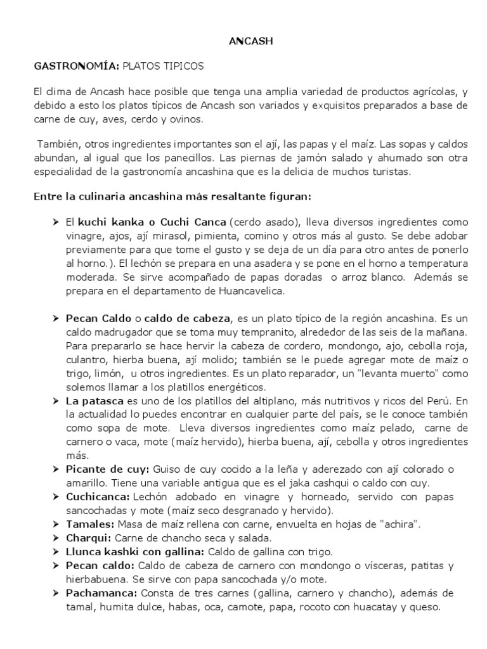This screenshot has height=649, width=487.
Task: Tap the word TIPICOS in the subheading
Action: [x=181, y=66]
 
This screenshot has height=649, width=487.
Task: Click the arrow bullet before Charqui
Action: [x=56, y=538]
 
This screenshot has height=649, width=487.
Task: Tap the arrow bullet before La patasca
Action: [x=56, y=401]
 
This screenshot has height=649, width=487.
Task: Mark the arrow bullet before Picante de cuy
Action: [x=56, y=469]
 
